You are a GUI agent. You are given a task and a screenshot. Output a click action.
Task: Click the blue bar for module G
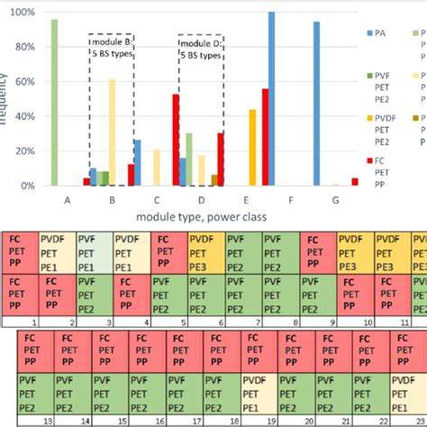click(316, 104)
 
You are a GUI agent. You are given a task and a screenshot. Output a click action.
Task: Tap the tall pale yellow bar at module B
click(112, 132)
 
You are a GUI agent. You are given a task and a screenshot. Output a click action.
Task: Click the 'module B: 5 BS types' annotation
click(112, 46)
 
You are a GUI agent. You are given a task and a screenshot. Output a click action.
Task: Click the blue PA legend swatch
click(368, 32)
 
